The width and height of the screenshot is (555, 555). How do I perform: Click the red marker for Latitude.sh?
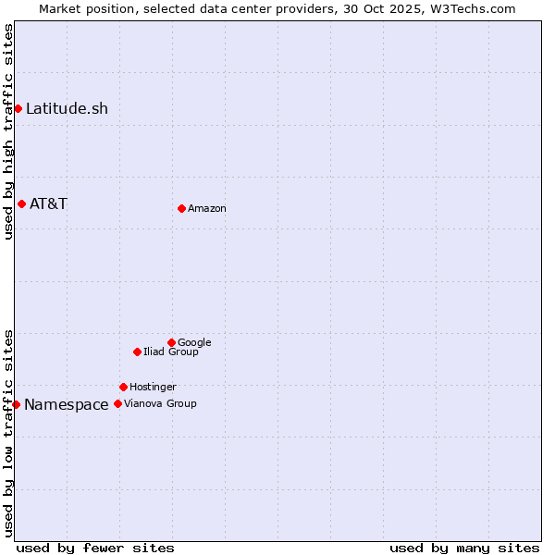tap(18, 109)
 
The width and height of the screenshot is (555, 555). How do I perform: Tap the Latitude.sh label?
tap(67, 109)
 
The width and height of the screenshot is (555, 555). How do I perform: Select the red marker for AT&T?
tap(21, 203)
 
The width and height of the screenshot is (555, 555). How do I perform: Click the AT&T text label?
tap(48, 203)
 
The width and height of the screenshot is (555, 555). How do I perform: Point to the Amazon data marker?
tap(181, 208)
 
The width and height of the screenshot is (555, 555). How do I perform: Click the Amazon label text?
tap(207, 209)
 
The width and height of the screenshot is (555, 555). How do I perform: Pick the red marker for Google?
tap(171, 342)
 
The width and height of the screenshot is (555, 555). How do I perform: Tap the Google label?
tap(194, 343)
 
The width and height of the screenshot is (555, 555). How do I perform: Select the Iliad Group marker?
tap(137, 351)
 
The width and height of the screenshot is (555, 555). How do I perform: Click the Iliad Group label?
tap(171, 352)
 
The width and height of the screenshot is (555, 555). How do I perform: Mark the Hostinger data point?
tap(123, 387)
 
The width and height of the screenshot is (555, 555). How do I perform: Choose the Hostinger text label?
tap(153, 388)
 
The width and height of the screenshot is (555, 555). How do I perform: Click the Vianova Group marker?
tap(117, 403)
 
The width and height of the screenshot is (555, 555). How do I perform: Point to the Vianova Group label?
tap(160, 404)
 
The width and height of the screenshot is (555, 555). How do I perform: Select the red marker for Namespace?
tap(16, 404)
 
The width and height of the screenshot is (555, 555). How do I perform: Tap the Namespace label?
tap(66, 404)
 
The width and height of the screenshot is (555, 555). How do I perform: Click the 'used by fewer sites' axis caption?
tap(95, 548)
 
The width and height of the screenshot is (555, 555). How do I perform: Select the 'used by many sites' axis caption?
tap(464, 548)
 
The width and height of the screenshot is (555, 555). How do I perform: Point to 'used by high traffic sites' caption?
tap(8, 131)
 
